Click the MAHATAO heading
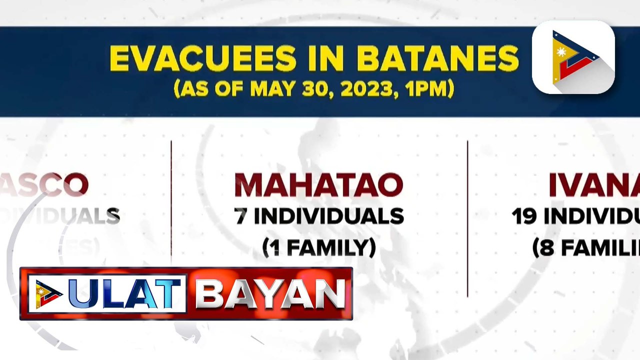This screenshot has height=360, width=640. [x=319, y=185]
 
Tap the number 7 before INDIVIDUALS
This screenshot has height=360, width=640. [x=240, y=216]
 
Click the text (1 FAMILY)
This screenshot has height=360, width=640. [x=319, y=247]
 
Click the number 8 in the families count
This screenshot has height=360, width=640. [x=544, y=247]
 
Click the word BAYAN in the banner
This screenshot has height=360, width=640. [x=270, y=293]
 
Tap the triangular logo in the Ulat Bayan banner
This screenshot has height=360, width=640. [x=47, y=294]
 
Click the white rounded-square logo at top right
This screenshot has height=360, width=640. [x=573, y=57]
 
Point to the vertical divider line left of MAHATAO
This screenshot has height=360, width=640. [x=171, y=200]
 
